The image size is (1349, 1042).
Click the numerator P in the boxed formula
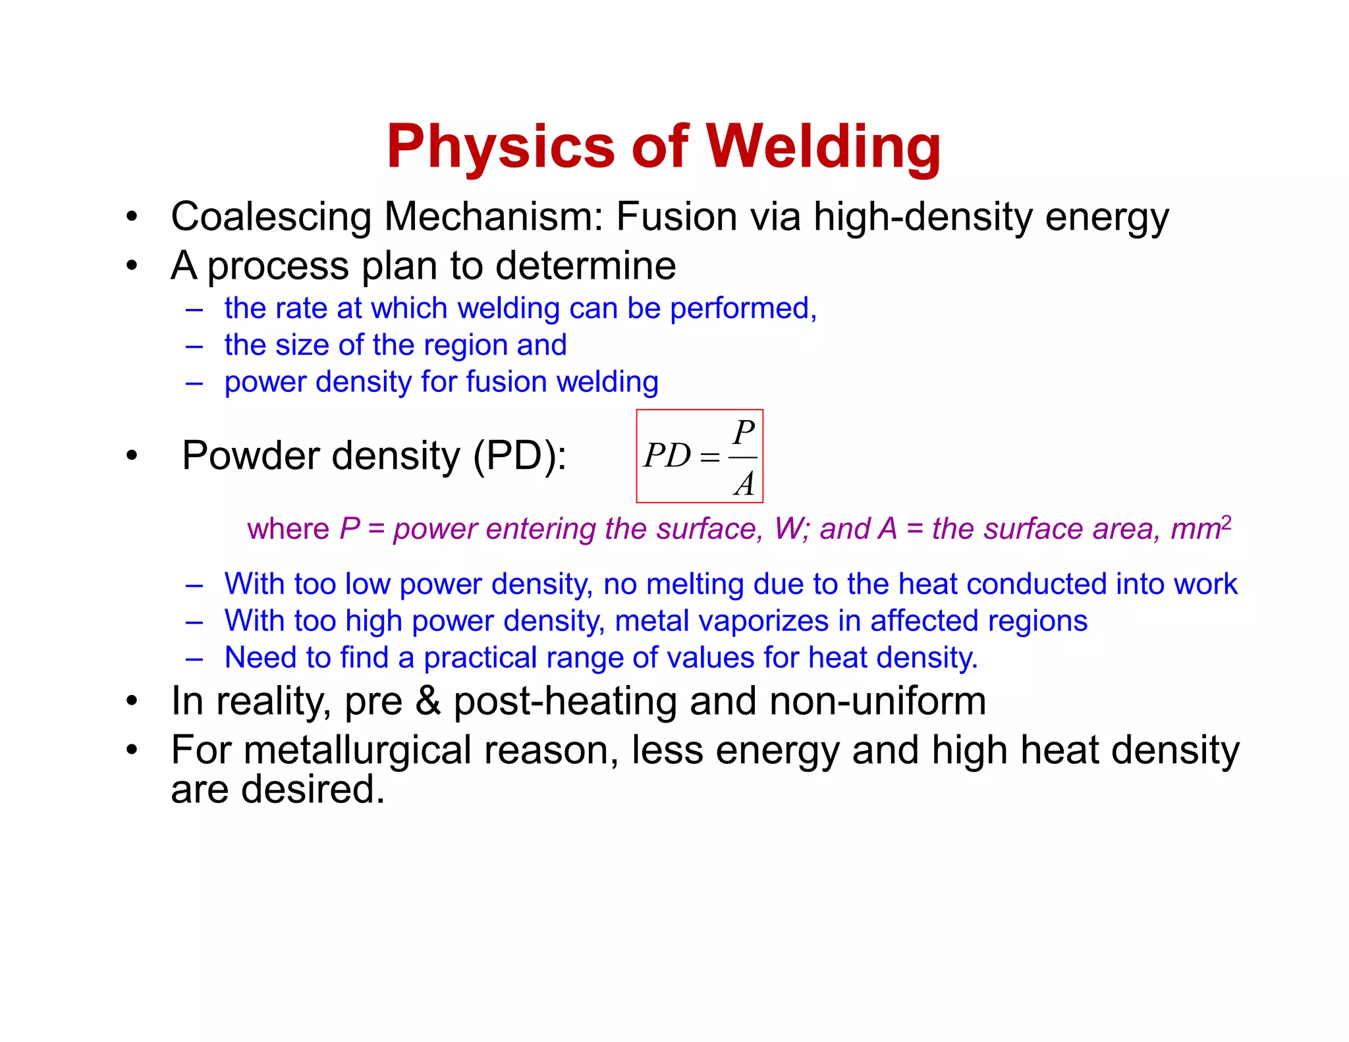744,433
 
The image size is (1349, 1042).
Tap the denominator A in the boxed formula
744,484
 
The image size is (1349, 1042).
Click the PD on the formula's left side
667,456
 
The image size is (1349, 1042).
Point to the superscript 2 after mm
1226,523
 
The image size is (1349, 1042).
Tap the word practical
480,658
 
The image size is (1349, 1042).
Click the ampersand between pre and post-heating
428,701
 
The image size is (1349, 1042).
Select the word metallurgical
357,750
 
